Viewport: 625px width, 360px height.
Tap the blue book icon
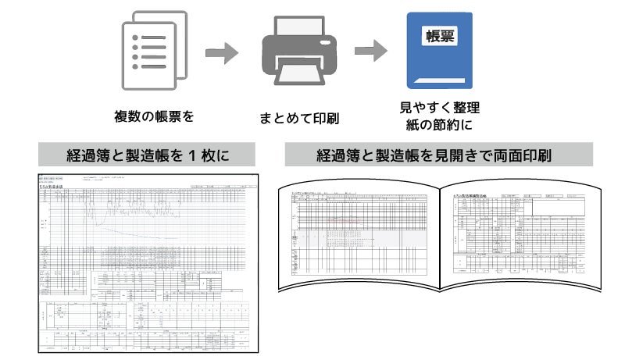click(438, 48)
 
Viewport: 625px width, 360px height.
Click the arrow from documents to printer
click(221, 52)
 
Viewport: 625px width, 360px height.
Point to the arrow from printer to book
click(370, 52)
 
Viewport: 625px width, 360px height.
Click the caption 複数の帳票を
click(154, 117)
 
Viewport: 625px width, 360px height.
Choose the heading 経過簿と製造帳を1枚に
click(148, 154)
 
